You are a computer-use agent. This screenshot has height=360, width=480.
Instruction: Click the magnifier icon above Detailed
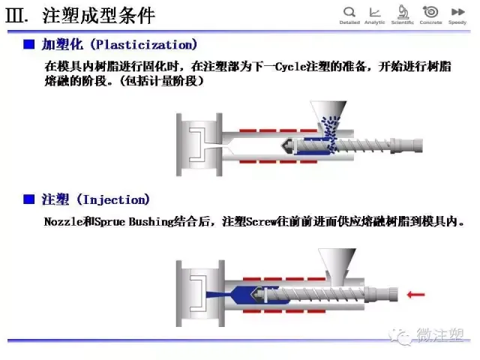pos(349,12)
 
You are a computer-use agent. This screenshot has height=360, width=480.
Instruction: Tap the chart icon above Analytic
pos(375,12)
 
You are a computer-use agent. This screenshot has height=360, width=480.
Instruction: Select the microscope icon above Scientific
pos(403,12)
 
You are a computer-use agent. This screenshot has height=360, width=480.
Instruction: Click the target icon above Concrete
pos(430,12)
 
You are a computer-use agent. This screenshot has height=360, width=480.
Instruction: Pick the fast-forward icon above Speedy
pos(457,12)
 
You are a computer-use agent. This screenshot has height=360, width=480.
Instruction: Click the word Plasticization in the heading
pos(144,45)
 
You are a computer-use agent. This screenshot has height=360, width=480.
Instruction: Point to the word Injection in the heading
pos(113,200)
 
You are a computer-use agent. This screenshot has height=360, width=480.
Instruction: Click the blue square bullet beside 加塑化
pos(29,45)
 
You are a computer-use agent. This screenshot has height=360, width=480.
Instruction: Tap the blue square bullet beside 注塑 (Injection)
pos(29,199)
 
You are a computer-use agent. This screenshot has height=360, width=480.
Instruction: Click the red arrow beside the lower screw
pos(415,295)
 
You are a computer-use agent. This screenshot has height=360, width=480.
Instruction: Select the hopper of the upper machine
pos(328,113)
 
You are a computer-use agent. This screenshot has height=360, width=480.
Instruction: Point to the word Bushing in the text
pos(151,222)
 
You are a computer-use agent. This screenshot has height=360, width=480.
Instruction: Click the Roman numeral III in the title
pos(16,16)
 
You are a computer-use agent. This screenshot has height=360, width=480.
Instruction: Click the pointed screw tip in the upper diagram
pos(286,145)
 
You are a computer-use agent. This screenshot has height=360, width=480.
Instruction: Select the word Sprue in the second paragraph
pos(110,222)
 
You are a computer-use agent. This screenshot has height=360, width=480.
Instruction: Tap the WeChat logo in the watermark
pos(400,337)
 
